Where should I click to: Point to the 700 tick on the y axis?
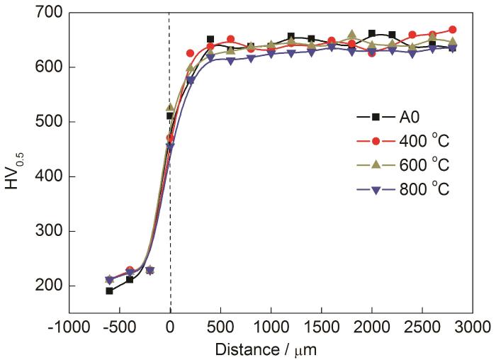point(50,13)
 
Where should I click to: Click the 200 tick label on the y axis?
point(50,286)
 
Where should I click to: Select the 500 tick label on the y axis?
point(50,122)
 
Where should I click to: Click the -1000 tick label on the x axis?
point(69,327)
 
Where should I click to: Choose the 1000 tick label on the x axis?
point(271,327)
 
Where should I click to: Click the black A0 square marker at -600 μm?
point(109,291)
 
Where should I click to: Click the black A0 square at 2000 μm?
point(372,33)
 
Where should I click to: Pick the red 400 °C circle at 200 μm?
point(190,53)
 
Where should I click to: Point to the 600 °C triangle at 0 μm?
point(170,108)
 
